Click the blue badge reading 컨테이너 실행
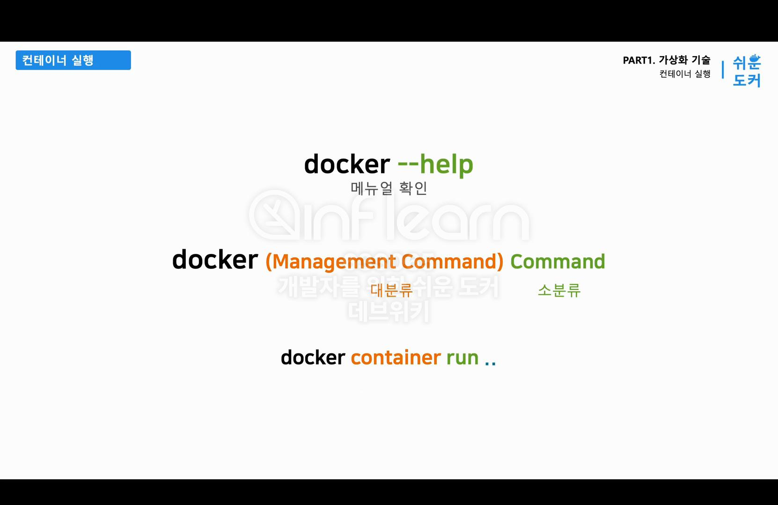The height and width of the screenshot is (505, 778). (x=73, y=60)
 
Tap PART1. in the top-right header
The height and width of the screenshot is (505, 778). (x=639, y=60)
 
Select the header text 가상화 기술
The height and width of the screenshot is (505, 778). (x=684, y=60)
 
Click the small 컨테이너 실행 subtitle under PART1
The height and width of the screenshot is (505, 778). (x=685, y=74)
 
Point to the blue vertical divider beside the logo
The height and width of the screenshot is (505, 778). (x=723, y=70)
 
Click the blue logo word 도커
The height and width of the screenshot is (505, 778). (x=747, y=80)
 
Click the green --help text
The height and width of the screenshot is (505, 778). (x=435, y=165)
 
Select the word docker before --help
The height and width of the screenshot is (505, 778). (x=347, y=165)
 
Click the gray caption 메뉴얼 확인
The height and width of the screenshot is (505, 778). (x=389, y=188)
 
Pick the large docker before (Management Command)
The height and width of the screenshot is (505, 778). (x=215, y=260)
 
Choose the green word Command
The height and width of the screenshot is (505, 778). (x=558, y=262)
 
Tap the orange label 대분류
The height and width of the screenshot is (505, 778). (x=391, y=290)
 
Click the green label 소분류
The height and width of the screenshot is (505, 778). (x=559, y=290)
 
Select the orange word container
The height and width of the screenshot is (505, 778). (x=396, y=358)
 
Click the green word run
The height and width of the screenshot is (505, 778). (x=462, y=358)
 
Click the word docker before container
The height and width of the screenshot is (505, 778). (x=313, y=358)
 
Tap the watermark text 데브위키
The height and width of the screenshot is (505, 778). (x=389, y=311)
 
